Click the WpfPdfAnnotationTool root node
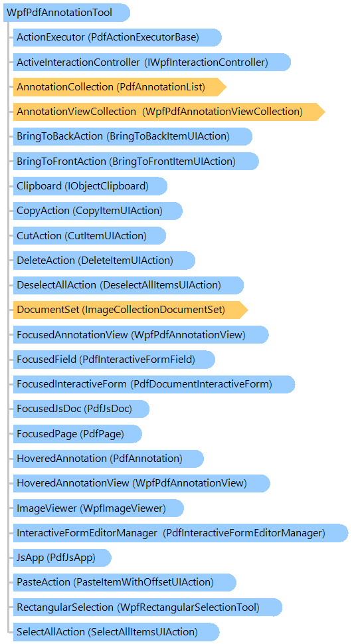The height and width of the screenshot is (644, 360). tap(66, 13)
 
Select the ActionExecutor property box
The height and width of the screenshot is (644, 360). tap(118, 37)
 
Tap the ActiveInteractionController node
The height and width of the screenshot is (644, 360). tap(152, 62)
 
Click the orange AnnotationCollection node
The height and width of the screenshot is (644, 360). tap(120, 87)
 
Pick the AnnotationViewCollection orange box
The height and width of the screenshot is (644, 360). tap(169, 112)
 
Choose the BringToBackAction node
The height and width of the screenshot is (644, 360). tap(133, 136)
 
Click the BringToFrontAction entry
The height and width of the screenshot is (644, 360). tap(136, 161)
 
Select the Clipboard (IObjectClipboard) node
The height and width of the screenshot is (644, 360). tap(90, 186)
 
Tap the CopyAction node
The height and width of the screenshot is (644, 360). tap(98, 211)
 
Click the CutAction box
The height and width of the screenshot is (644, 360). tap(90, 236)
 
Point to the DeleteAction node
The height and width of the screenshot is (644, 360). tap(104, 261)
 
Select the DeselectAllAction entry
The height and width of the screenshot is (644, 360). tap(128, 285)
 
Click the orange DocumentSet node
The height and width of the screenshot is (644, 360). tap(131, 310)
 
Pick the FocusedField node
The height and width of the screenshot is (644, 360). tap(114, 360)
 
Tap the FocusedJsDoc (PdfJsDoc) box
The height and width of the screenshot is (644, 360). tap(81, 409)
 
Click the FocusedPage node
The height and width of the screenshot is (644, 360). tap(78, 434)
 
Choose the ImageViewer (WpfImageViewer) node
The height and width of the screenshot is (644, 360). tap(98, 508)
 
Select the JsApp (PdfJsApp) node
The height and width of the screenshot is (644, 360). tap(62, 558)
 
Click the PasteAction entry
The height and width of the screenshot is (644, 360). tap(125, 582)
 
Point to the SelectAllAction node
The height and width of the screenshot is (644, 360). tap(116, 631)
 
